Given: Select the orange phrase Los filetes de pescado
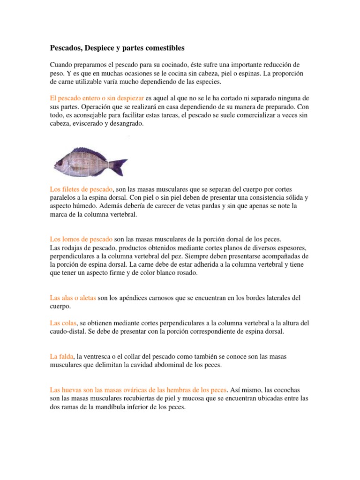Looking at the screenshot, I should (x=82, y=189).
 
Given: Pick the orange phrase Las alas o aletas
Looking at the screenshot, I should (x=73, y=298).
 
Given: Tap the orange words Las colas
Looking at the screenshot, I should (x=64, y=323).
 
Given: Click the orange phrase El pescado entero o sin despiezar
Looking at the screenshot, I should (x=97, y=98).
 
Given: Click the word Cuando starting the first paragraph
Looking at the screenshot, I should (x=62, y=65).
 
